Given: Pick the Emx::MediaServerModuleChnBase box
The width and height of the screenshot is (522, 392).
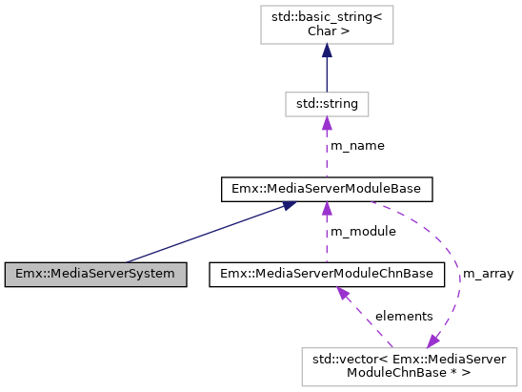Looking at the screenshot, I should click(327, 274).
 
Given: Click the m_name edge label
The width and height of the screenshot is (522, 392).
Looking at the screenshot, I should click(357, 146).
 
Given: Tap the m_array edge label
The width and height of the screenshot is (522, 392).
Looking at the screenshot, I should click(489, 275).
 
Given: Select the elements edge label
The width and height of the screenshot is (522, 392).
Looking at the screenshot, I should click(404, 316).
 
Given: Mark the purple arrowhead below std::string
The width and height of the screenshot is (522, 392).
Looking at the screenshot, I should click(327, 122).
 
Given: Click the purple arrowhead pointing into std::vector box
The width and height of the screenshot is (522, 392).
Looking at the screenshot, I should click(433, 340).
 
